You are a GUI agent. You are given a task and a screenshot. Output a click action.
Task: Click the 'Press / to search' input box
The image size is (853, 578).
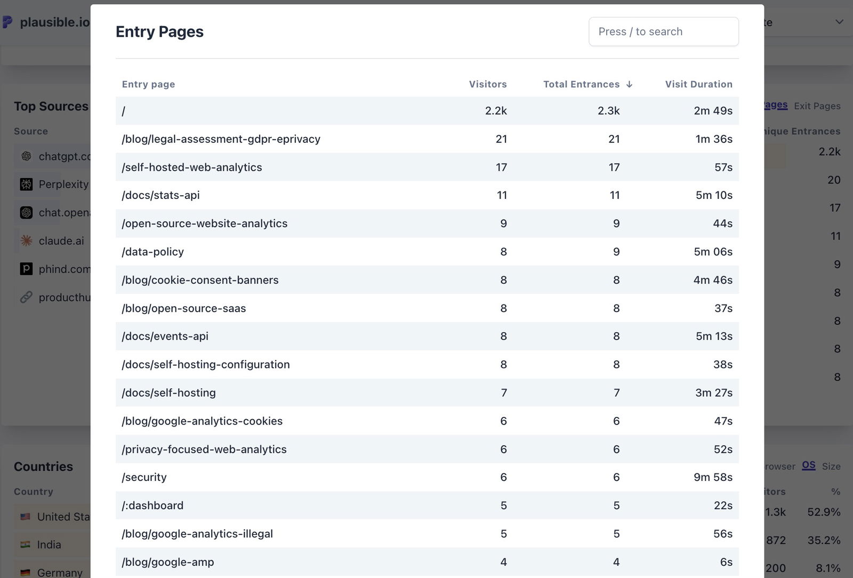pyautogui.click(x=663, y=31)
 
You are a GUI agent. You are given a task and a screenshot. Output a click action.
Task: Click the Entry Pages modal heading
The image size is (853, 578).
pyautogui.click(x=159, y=31)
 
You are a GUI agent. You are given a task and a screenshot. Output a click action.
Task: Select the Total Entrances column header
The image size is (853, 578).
pyautogui.click(x=581, y=84)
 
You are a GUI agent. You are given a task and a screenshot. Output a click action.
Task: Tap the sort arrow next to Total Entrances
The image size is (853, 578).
pyautogui.click(x=630, y=84)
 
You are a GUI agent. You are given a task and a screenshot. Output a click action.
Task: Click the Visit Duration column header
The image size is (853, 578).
pyautogui.click(x=698, y=84)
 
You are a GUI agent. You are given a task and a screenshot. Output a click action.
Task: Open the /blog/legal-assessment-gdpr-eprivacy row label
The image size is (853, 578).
pyautogui.click(x=221, y=139)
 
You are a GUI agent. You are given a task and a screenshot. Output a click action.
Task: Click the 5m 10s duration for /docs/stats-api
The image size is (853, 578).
pyautogui.click(x=713, y=195)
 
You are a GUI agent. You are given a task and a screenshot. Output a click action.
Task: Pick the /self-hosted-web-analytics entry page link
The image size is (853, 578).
pyautogui.click(x=192, y=167)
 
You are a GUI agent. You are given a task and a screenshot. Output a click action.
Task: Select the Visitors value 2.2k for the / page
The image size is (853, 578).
pyautogui.click(x=495, y=111)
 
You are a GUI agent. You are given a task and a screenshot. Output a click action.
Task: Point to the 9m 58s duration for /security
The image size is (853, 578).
pyautogui.click(x=713, y=477)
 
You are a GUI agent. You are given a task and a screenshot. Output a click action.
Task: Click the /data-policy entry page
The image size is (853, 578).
pyautogui.click(x=153, y=252)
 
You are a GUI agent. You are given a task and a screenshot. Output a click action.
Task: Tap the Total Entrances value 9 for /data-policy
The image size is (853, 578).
pyautogui.click(x=616, y=252)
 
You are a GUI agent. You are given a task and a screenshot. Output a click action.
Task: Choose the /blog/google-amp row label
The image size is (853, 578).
pyautogui.click(x=168, y=562)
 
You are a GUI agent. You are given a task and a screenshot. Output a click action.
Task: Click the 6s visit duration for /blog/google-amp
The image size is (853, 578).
pyautogui.click(x=726, y=562)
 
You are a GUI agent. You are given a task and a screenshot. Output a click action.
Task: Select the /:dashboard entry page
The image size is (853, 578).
pyautogui.click(x=152, y=505)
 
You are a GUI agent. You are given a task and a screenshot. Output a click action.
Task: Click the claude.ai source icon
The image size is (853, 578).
pyautogui.click(x=26, y=240)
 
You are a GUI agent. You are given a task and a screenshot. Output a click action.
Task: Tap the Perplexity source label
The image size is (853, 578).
pyautogui.click(x=63, y=184)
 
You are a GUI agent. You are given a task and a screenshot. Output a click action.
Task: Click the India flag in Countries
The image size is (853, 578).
pyautogui.click(x=25, y=544)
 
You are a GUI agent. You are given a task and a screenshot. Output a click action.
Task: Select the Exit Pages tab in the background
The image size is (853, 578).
pyautogui.click(x=817, y=106)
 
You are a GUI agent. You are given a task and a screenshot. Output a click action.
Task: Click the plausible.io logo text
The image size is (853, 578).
pyautogui.click(x=54, y=22)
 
